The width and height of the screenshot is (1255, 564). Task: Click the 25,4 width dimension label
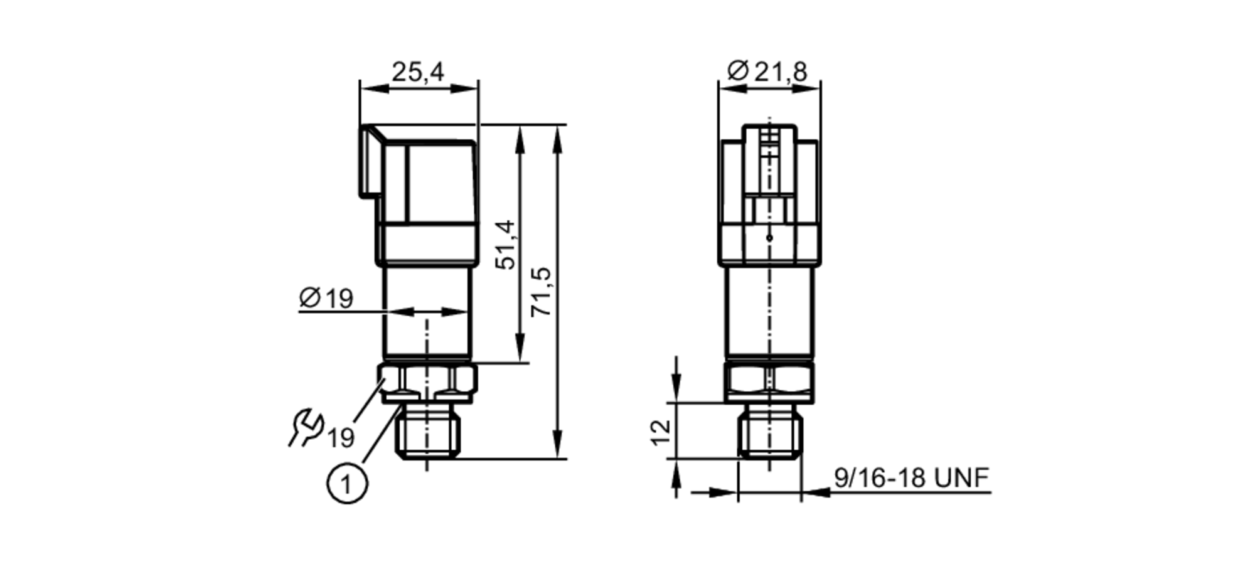(418, 72)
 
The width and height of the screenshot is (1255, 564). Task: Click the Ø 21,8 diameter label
(767, 72)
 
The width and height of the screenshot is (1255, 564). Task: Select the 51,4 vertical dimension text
(505, 245)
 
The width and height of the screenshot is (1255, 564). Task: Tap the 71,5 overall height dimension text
(541, 291)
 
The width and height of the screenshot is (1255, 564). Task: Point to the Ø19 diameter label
(326, 298)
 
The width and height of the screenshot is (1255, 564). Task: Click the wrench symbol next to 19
(306, 427)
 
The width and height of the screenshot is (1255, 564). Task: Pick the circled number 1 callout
(347, 484)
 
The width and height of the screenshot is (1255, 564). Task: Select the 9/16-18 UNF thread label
(911, 478)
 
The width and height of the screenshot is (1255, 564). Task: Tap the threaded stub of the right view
(770, 431)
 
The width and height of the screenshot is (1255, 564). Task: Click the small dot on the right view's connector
(770, 238)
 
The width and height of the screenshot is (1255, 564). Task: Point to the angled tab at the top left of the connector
(371, 160)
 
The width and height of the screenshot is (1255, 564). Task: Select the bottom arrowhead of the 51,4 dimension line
(520, 351)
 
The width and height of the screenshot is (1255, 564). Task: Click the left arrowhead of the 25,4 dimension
(370, 89)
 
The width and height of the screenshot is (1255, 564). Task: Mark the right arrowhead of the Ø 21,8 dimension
(810, 88)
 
